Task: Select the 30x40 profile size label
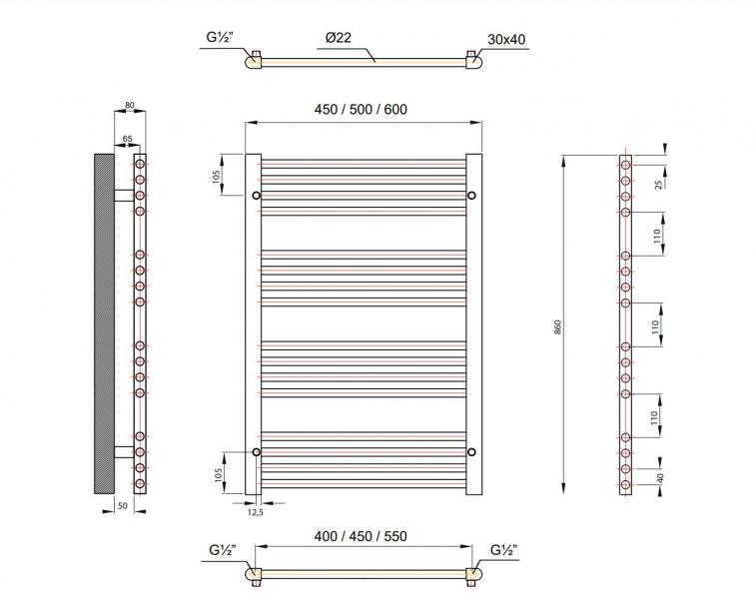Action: click(506, 39)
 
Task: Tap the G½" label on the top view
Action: click(220, 39)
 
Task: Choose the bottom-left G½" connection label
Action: click(222, 550)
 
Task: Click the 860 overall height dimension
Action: click(558, 326)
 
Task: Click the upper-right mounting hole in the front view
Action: click(471, 195)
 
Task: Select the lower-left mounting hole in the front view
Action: click(257, 452)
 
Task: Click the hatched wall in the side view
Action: click(104, 323)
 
